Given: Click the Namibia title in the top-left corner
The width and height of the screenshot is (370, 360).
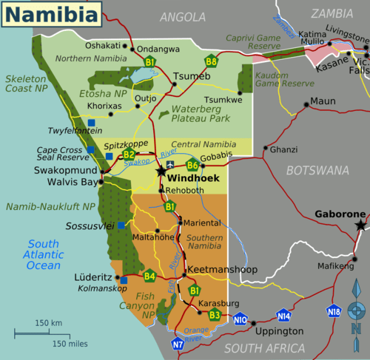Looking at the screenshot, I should (x=50, y=13).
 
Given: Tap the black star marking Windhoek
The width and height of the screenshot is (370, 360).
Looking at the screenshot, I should (x=161, y=171).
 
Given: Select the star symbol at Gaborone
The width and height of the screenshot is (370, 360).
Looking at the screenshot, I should (x=360, y=224).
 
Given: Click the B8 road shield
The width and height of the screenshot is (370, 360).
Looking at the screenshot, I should (x=212, y=62).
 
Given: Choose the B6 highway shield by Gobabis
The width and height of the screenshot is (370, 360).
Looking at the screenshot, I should (x=192, y=165).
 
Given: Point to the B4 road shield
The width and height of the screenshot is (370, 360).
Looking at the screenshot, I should (x=149, y=276).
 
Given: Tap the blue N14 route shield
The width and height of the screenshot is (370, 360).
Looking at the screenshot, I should (x=283, y=315).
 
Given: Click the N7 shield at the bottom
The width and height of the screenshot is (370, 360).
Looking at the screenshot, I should (x=178, y=344).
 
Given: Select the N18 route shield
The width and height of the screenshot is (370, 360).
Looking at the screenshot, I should (x=334, y=310).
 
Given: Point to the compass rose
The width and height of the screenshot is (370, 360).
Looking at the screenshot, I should (x=357, y=319).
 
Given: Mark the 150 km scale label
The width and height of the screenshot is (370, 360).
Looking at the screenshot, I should (x=48, y=323).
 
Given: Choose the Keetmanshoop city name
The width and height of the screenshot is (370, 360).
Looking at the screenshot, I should (x=223, y=270).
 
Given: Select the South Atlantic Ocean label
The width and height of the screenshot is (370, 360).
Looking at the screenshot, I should (x=44, y=254).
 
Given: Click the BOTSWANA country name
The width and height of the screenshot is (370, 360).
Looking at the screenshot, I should (x=317, y=171).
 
